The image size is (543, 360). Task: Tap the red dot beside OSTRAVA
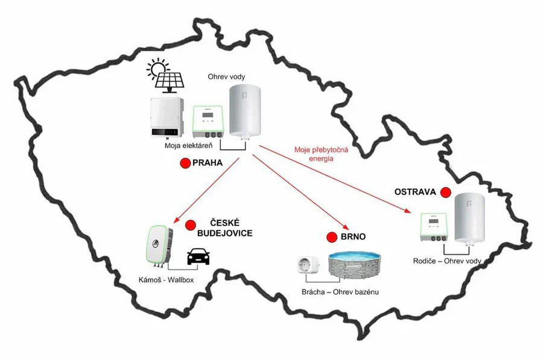pyautogui.click(x=446, y=192)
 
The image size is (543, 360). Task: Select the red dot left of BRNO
pyautogui.click(x=331, y=237)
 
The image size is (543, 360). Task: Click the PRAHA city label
pyautogui.click(x=208, y=163)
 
